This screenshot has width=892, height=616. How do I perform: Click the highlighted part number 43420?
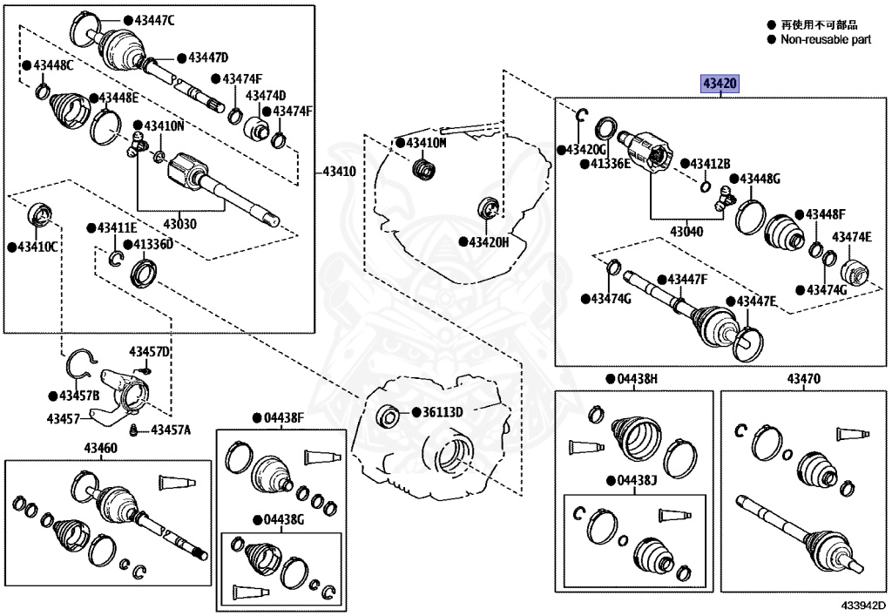point(720,84)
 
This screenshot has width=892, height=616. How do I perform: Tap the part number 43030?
point(180,224)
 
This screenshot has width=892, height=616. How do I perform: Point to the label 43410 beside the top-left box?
point(339,172)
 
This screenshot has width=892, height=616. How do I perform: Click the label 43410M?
point(425,142)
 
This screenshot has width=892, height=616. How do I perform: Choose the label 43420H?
point(489,241)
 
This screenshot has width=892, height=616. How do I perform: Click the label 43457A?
point(171,430)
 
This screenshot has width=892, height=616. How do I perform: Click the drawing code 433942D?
point(862,605)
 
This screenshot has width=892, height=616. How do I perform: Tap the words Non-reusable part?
point(825,39)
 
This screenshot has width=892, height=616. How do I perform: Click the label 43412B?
point(711,164)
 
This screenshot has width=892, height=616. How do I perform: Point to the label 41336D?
point(153,244)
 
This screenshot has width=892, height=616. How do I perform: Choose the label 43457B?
point(79,396)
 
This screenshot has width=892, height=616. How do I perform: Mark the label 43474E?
point(852,237)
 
